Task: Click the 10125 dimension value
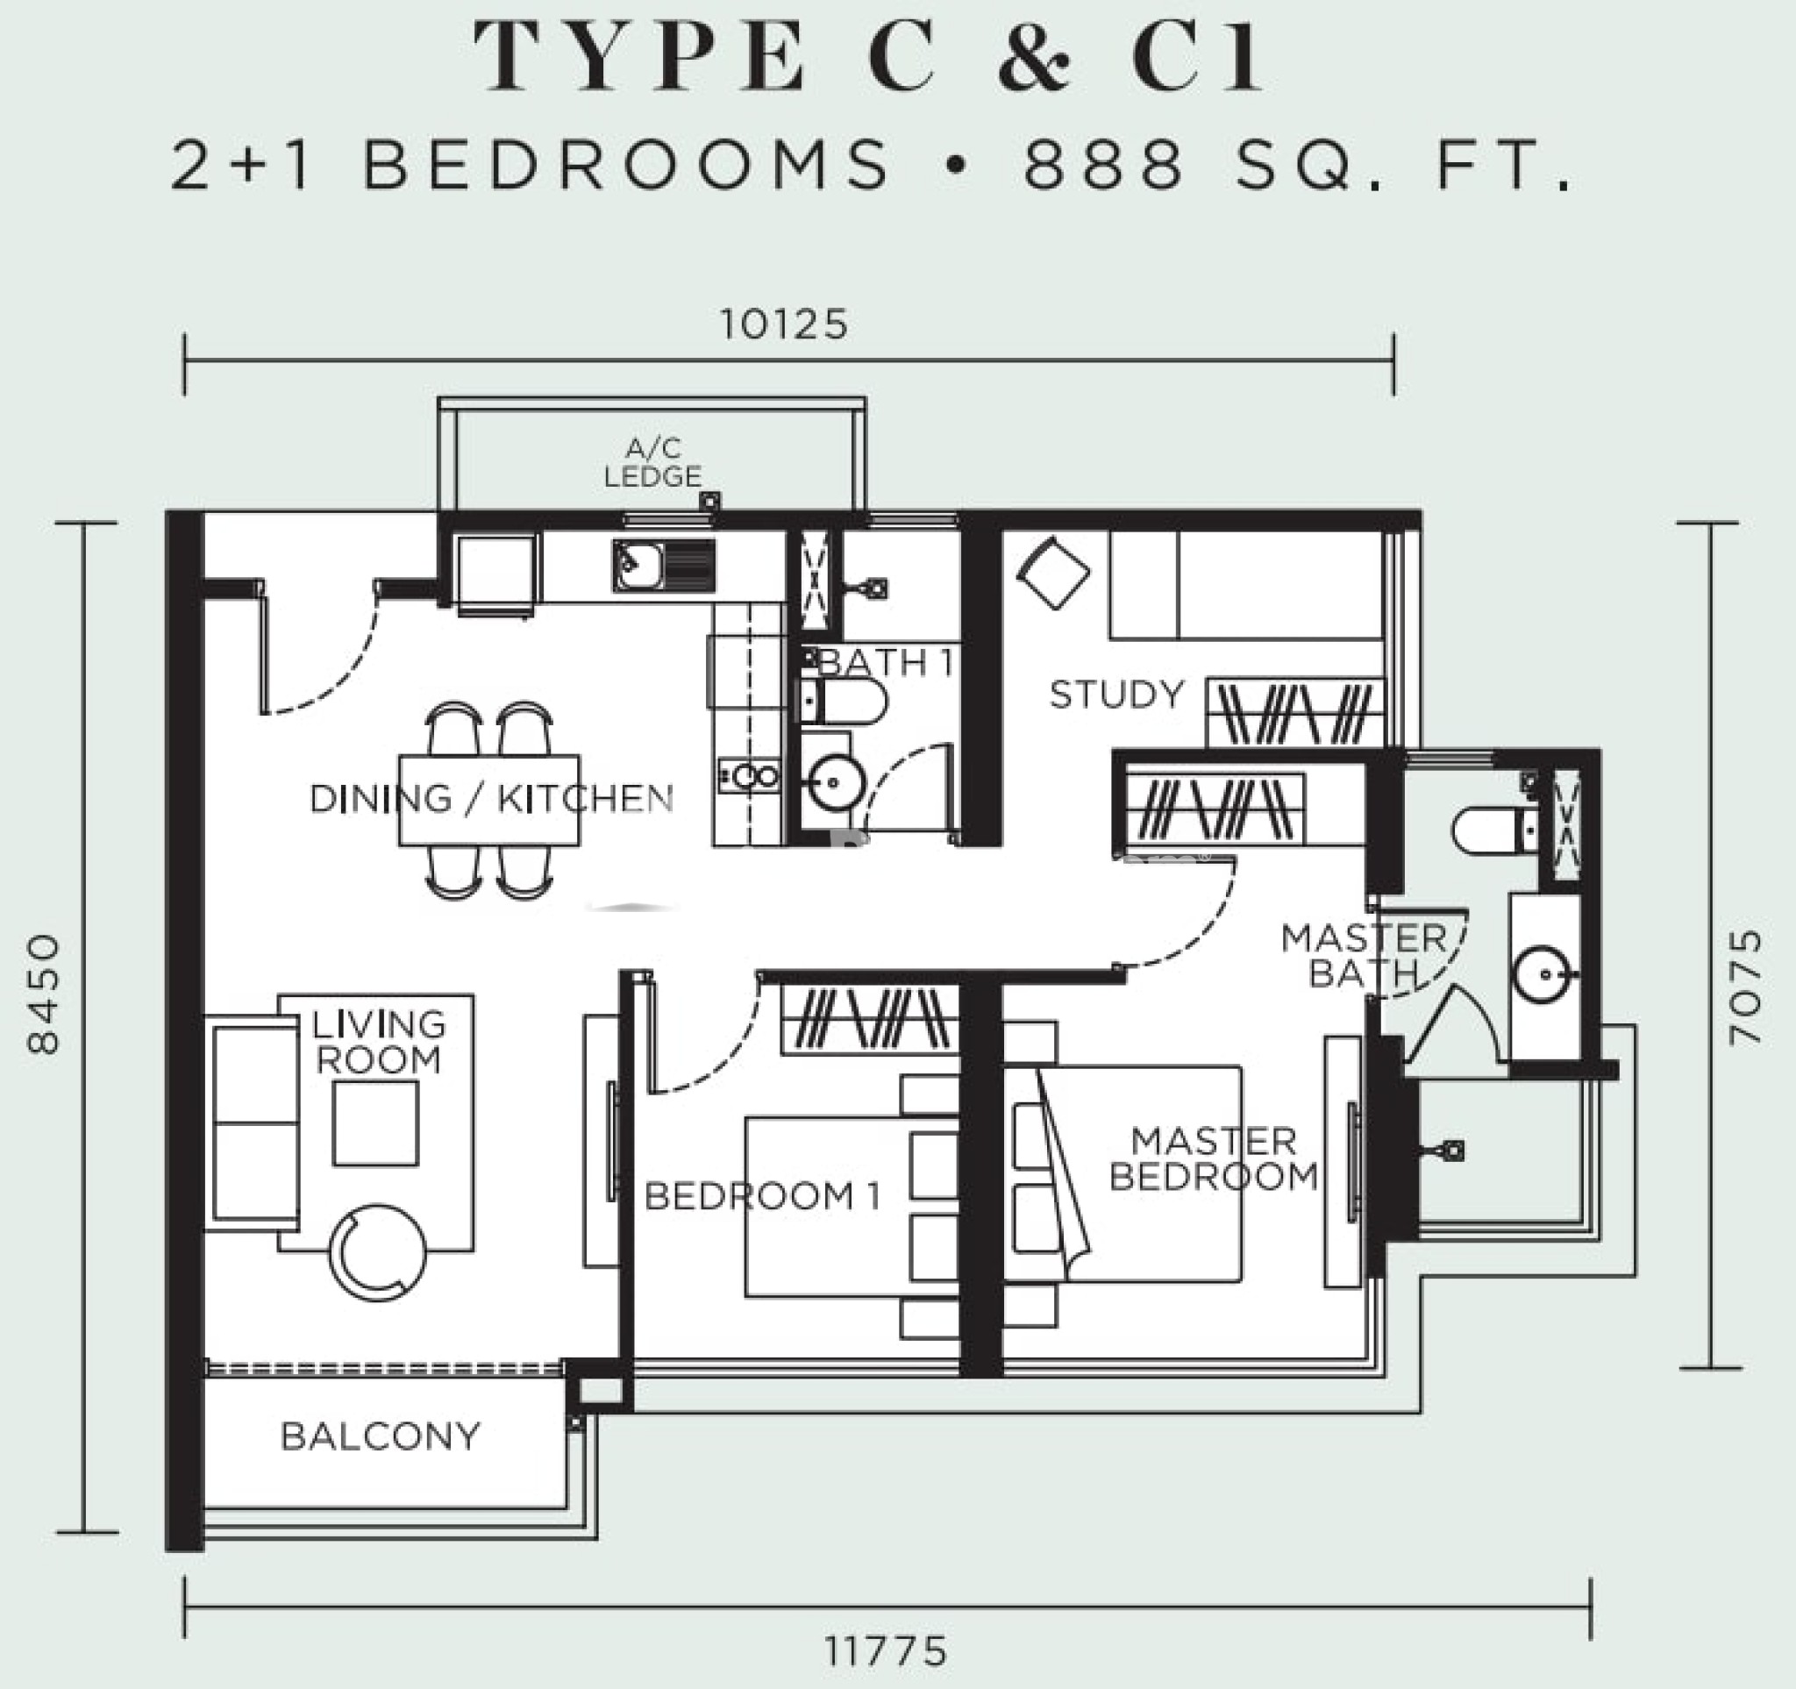click(x=783, y=324)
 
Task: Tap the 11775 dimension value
click(x=886, y=1652)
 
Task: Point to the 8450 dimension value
click(x=43, y=994)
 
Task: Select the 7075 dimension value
click(x=1744, y=987)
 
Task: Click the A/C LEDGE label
click(x=652, y=462)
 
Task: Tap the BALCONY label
click(x=381, y=1436)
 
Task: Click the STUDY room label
click(x=1116, y=695)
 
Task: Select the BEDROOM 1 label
click(x=761, y=1196)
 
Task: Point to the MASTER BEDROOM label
click(x=1214, y=1158)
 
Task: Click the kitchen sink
click(x=664, y=566)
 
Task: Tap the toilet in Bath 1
click(x=843, y=702)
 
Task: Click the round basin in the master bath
click(x=1545, y=973)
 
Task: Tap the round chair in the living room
click(x=378, y=1253)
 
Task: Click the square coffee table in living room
click(x=375, y=1123)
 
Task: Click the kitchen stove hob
click(x=749, y=775)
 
